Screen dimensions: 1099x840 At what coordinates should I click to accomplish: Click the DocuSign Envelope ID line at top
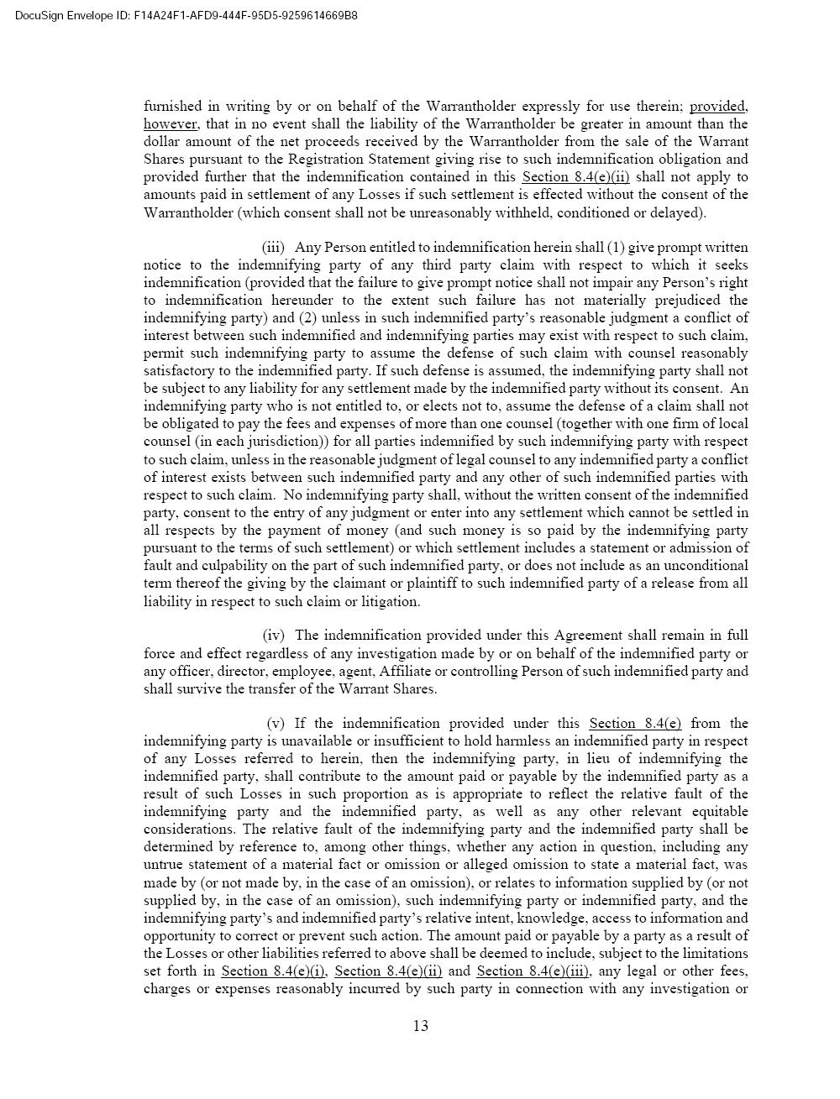point(186,16)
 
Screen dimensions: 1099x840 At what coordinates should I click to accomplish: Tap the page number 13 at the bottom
point(421,1025)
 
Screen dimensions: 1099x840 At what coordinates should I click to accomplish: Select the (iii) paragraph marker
point(273,247)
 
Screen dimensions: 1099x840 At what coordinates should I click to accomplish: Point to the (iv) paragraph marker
point(274,636)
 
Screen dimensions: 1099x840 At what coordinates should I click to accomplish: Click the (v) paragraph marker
point(276,723)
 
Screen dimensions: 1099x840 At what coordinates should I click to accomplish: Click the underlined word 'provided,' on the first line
point(718,107)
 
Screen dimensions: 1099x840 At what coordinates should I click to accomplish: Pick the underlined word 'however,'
point(170,124)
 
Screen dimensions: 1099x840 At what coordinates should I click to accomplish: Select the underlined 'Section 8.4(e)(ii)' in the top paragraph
point(575,177)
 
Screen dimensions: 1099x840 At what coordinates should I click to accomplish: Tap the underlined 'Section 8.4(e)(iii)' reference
point(533,971)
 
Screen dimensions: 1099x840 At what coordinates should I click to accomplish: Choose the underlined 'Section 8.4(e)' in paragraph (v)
point(635,723)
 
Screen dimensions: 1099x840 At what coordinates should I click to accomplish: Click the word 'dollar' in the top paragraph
point(162,142)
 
